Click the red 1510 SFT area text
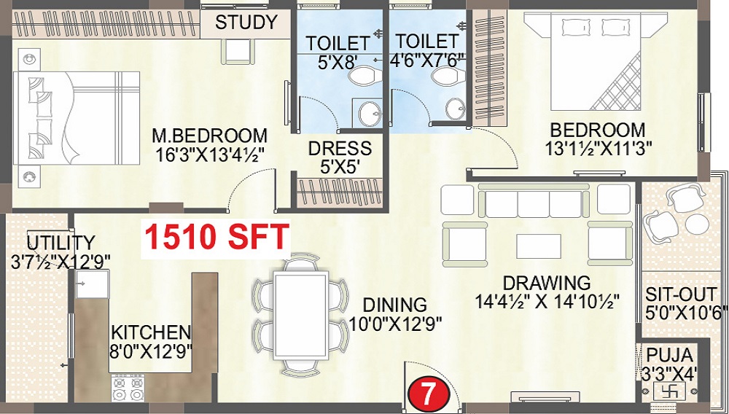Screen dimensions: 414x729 (x=217, y=238)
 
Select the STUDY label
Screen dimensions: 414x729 (x=246, y=22)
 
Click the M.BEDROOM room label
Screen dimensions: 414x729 (x=209, y=136)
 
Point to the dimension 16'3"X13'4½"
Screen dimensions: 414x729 (x=209, y=155)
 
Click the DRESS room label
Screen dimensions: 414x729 (x=340, y=148)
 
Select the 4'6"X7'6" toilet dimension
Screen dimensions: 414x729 (x=426, y=60)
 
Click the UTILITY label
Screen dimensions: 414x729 (x=61, y=242)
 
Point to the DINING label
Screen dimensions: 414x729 (x=396, y=304)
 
